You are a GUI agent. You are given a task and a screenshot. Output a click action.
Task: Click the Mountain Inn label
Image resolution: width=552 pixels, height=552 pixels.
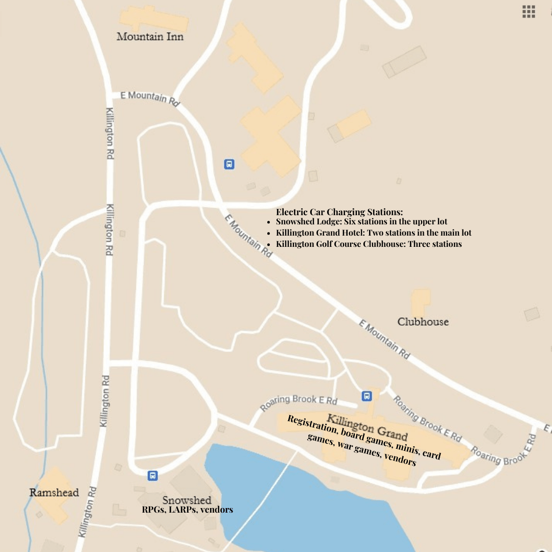[x=150, y=37]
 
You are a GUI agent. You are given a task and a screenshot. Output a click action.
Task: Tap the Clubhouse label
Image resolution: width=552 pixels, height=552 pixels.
[x=423, y=322]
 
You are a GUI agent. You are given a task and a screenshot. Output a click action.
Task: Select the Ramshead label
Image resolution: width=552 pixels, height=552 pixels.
[x=54, y=493]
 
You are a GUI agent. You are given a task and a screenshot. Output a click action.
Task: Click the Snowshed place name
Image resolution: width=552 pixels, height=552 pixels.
[x=187, y=500]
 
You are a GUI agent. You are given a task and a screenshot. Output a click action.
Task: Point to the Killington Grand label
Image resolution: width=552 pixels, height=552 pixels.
[x=367, y=427]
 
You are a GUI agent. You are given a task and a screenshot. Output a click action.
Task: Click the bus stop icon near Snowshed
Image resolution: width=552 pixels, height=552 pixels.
[x=152, y=476]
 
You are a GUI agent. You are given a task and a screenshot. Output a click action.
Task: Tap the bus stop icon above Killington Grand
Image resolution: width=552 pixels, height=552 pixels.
[x=366, y=396]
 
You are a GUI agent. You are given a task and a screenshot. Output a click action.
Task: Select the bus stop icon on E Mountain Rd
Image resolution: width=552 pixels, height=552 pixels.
[x=229, y=164]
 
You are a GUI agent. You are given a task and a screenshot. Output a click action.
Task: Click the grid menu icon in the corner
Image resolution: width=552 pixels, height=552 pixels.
[x=528, y=12]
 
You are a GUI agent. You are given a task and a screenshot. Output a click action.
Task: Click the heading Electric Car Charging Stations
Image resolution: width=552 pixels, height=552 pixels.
[x=339, y=212]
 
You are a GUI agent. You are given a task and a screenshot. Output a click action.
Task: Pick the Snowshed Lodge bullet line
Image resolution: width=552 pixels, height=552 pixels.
[x=361, y=222]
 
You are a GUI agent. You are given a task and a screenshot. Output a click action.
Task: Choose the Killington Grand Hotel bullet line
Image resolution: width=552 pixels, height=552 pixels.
[x=374, y=233]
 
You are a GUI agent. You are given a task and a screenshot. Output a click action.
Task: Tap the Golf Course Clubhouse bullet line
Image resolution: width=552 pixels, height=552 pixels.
[x=369, y=244]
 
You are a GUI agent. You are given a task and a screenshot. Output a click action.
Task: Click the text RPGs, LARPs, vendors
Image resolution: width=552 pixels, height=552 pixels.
[x=187, y=510]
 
